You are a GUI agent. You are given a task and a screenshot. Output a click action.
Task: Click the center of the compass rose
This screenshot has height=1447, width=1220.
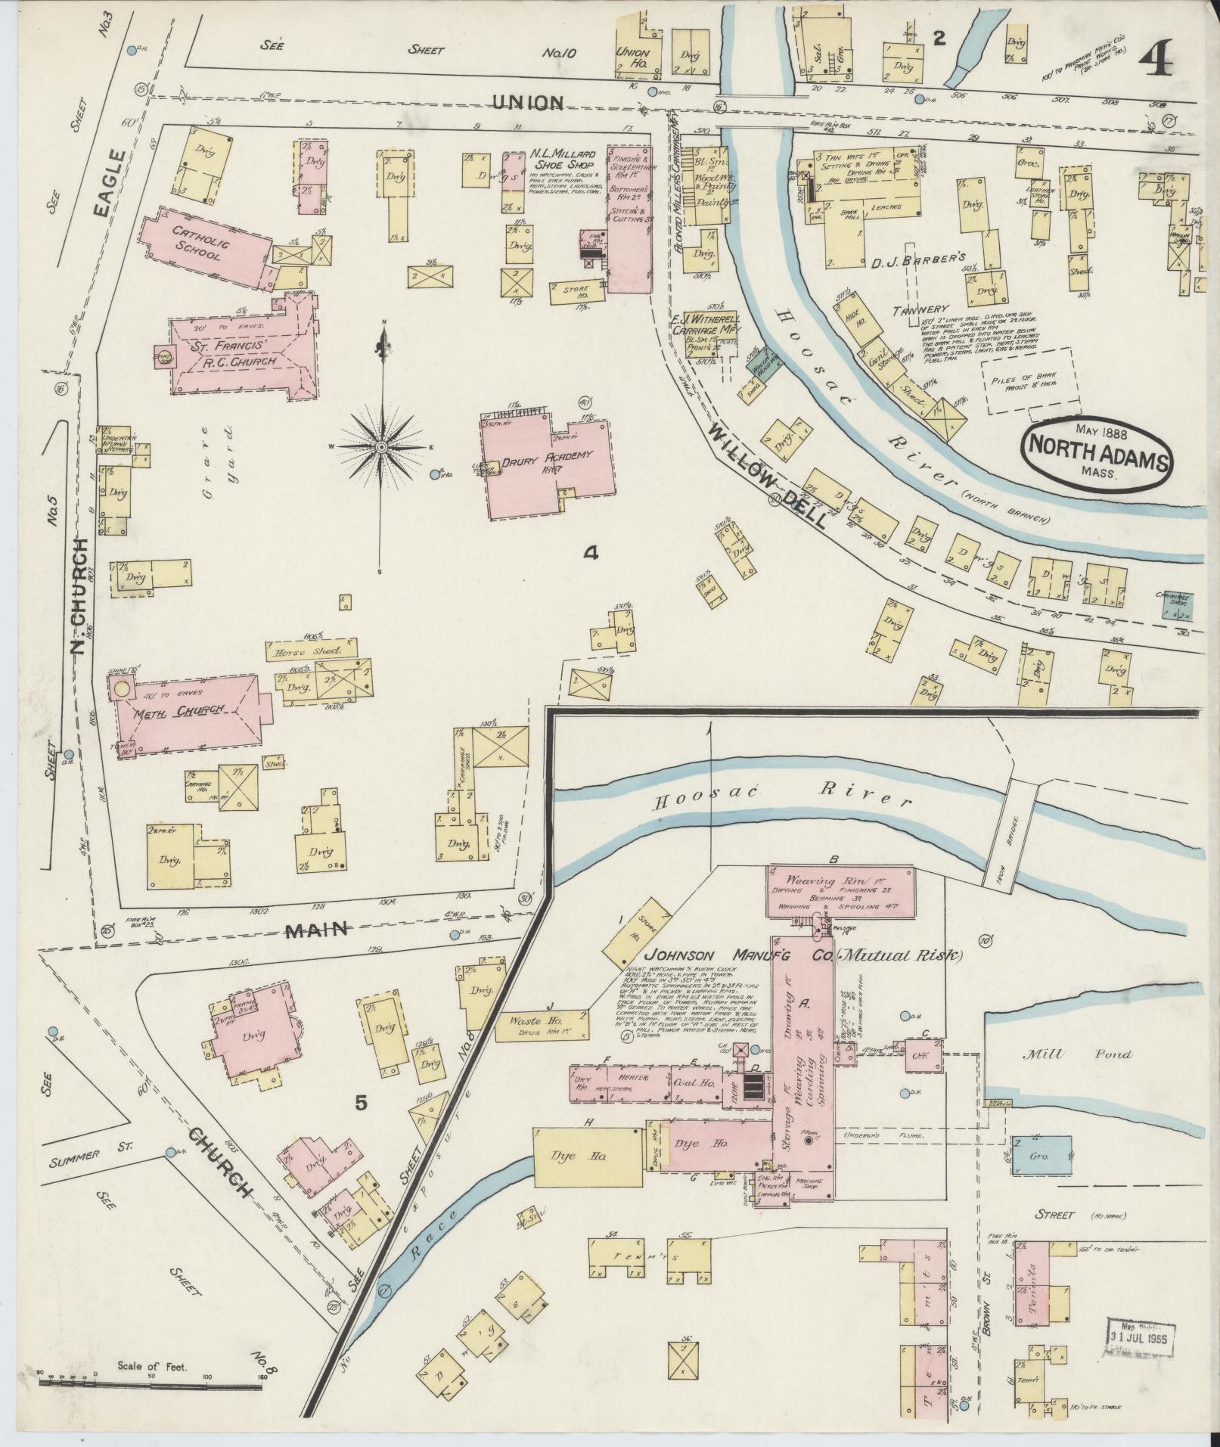point(383,448)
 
